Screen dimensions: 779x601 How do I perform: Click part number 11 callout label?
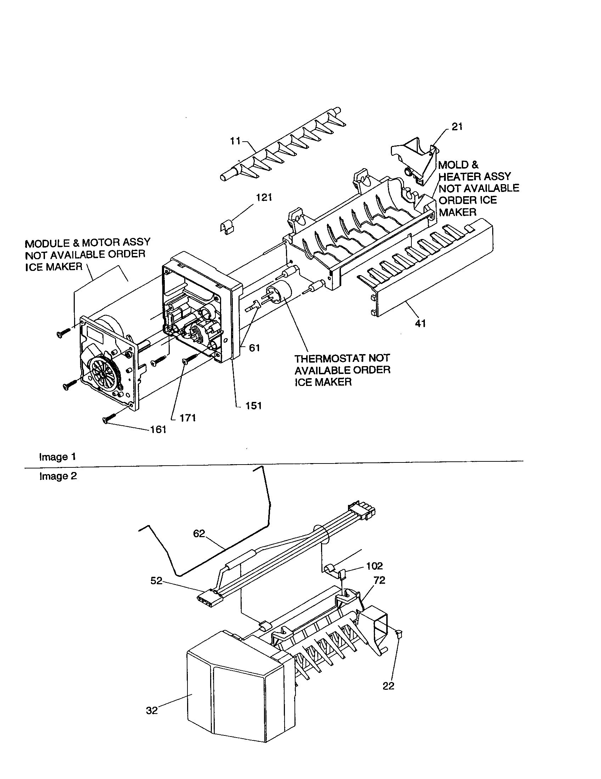pos(235,141)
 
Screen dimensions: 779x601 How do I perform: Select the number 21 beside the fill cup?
pos(457,127)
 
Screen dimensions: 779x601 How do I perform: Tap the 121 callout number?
pos(264,198)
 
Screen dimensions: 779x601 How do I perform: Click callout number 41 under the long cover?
pos(420,324)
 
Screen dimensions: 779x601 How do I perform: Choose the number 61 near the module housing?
pos(254,348)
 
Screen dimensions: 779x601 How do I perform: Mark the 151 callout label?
pos(253,405)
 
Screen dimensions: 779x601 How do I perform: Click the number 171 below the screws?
pos(188,418)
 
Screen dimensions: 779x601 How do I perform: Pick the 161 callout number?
pos(158,430)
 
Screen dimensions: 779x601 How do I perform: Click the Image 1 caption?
pos(57,457)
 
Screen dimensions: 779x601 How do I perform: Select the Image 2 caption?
pos(58,476)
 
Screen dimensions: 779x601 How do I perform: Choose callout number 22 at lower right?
pos(388,686)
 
